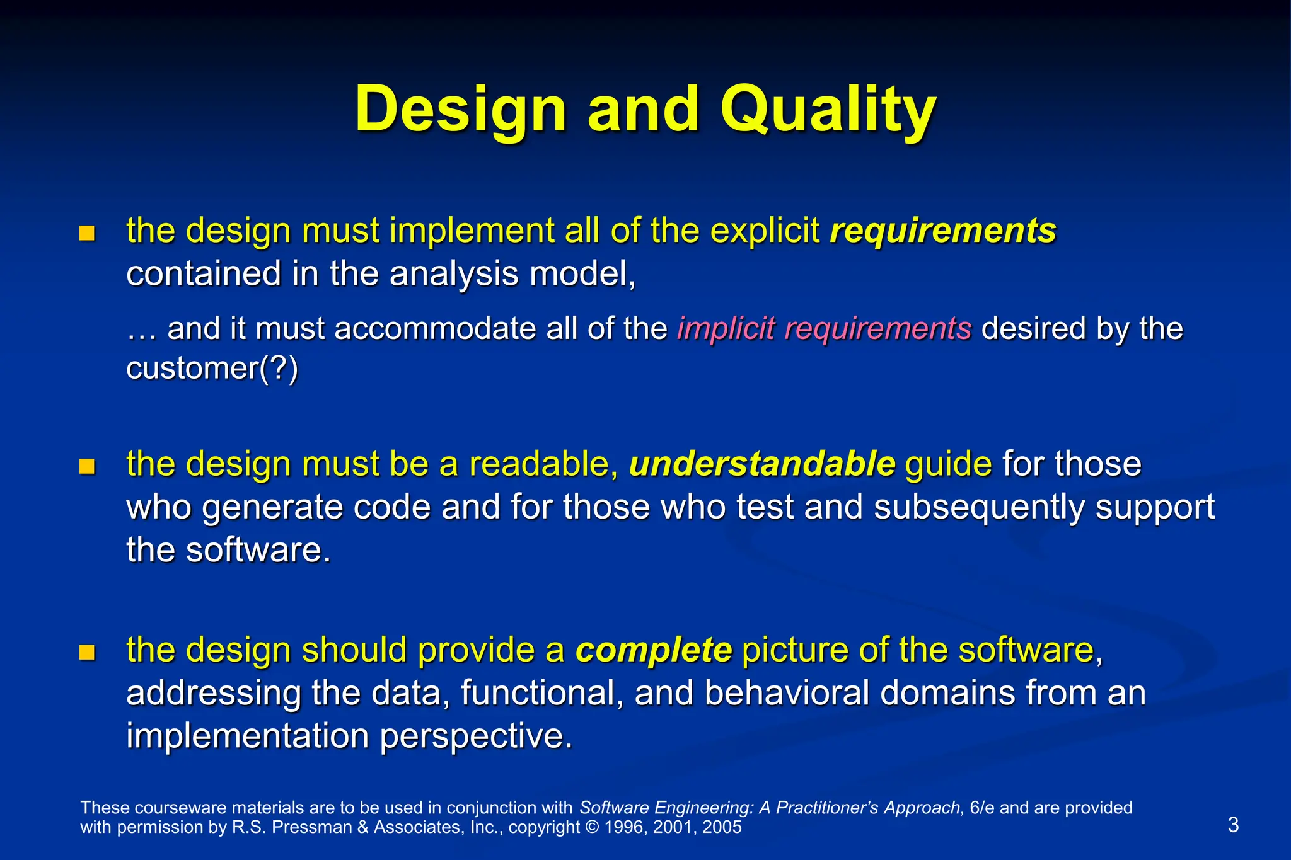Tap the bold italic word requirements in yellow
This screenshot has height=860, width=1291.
click(942, 231)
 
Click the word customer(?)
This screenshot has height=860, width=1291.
click(212, 368)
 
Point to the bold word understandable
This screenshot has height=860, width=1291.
click(761, 464)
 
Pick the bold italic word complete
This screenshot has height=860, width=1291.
click(654, 650)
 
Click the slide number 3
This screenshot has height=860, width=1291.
click(1233, 825)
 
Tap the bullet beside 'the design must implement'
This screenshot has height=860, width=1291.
click(87, 234)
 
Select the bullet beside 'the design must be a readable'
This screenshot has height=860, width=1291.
click(87, 467)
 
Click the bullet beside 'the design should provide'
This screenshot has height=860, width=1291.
click(87, 653)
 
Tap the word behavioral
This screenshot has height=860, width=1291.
click(787, 693)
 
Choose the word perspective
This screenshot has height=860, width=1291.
click(476, 736)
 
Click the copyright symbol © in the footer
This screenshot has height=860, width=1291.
click(592, 827)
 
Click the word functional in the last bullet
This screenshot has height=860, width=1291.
click(541, 693)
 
